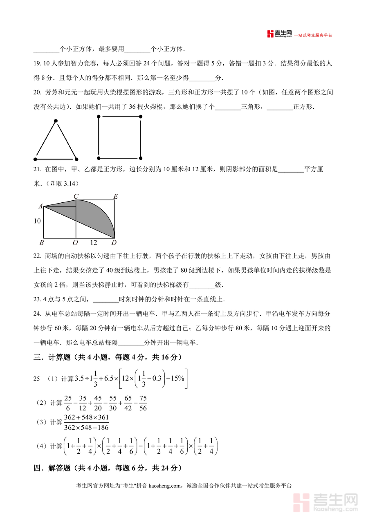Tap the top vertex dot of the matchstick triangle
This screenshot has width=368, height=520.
point(56,121)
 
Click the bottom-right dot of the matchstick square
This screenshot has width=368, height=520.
point(141,158)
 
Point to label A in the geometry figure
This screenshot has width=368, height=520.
point(40,206)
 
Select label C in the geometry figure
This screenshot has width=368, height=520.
point(76,197)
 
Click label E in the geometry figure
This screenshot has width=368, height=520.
point(115,197)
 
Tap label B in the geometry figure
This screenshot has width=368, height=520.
point(41,243)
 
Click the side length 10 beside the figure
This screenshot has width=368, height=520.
point(37,221)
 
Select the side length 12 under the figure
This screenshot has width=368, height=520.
point(94,243)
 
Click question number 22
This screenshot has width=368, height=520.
point(37,256)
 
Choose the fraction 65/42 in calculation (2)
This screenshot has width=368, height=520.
point(128,403)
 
